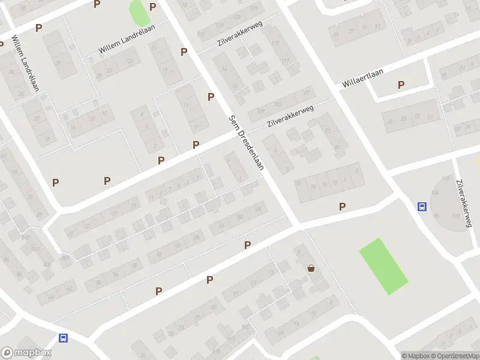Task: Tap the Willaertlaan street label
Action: (x=362, y=80)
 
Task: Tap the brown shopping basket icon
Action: (x=311, y=268)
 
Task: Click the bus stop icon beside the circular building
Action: (x=422, y=207)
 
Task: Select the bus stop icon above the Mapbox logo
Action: (x=63, y=338)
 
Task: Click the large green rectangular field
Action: (x=383, y=266)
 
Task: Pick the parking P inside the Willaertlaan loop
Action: (x=401, y=85)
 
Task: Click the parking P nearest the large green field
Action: (x=343, y=206)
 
